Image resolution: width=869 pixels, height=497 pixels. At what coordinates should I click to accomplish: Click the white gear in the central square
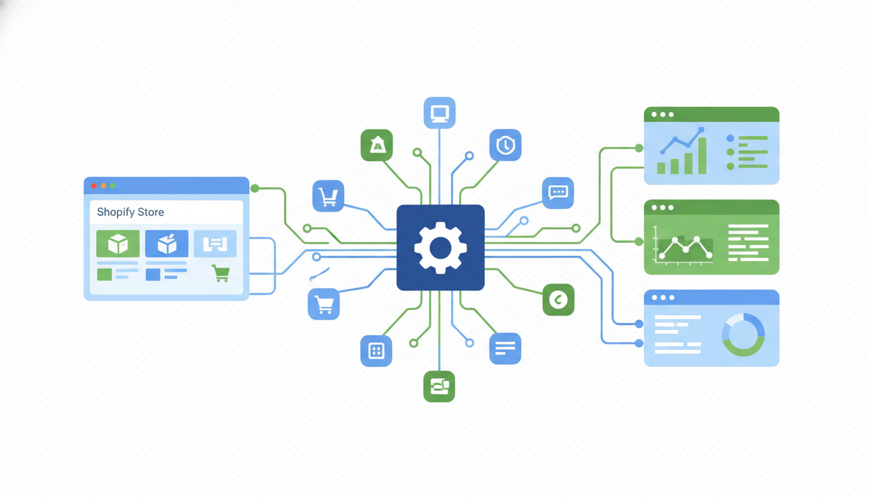[440, 247]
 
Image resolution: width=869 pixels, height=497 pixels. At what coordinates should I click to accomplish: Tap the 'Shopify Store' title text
[130, 212]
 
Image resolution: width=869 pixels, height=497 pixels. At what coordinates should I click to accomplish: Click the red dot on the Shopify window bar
[94, 186]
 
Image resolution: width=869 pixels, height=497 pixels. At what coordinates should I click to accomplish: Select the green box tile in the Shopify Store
[118, 244]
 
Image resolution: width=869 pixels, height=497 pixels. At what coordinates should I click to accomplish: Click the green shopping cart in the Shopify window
[220, 273]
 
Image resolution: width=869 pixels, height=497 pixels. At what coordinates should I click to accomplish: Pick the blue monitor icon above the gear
[440, 113]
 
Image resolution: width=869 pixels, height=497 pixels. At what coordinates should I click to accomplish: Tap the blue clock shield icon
[505, 145]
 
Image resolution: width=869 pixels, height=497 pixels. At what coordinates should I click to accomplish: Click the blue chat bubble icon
[558, 192]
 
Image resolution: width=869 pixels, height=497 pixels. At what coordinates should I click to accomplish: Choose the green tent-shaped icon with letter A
[377, 146]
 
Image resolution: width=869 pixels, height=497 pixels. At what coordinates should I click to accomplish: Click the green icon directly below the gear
[439, 386]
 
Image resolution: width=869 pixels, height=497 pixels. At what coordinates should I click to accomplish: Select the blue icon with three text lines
[505, 349]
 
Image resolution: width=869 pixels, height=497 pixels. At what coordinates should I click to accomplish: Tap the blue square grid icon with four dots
[376, 351]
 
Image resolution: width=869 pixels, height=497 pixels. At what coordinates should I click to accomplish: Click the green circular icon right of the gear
[558, 300]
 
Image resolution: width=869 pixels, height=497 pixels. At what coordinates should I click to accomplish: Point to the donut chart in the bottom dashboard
[743, 335]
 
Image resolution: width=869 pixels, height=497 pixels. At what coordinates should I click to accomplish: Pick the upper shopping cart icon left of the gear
[328, 196]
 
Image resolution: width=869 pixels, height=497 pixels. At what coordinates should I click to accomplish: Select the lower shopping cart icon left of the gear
[324, 304]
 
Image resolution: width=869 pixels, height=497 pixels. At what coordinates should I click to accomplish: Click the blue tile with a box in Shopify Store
[167, 244]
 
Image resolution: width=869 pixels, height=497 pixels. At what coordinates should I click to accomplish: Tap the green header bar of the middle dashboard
[711, 207]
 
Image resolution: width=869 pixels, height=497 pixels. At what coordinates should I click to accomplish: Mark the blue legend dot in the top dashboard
[731, 138]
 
